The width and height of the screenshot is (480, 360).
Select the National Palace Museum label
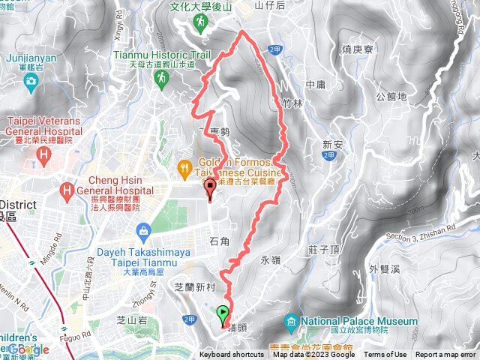click(x=366, y=322)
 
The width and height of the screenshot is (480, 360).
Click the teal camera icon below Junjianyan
click(x=31, y=79)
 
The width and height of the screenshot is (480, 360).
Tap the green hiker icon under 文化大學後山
click(x=199, y=23)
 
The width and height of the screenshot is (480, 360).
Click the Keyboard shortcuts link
click(x=231, y=355)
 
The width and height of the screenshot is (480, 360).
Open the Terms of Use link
click(x=385, y=355)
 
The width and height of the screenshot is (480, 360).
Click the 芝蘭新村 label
click(x=194, y=286)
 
